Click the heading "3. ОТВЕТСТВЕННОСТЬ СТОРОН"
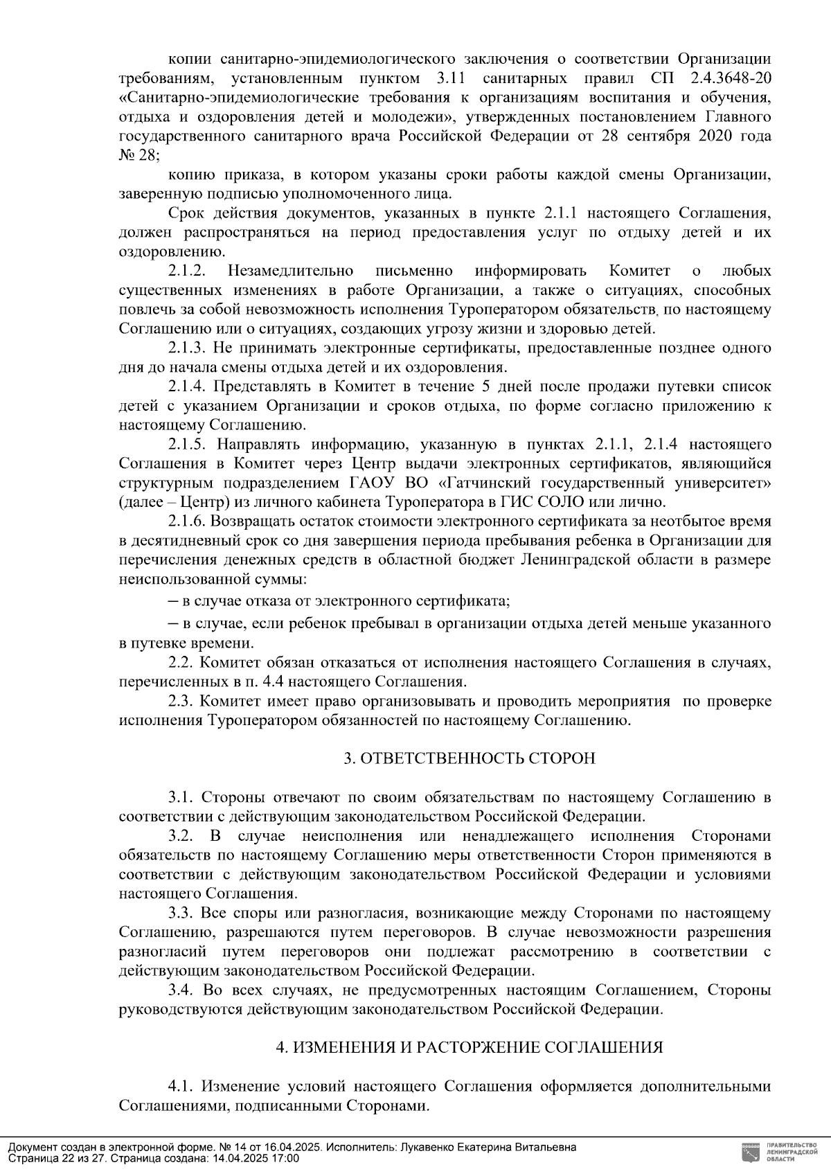click(470, 758)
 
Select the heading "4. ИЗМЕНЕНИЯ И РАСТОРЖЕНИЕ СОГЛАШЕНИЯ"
click(470, 1047)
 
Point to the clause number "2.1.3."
click(187, 347)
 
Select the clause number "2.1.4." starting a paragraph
click(187, 386)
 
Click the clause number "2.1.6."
click(187, 521)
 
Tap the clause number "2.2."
click(180, 662)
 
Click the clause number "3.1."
click(180, 797)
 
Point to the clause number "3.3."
click(180, 913)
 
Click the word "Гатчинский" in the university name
click(501, 482)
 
